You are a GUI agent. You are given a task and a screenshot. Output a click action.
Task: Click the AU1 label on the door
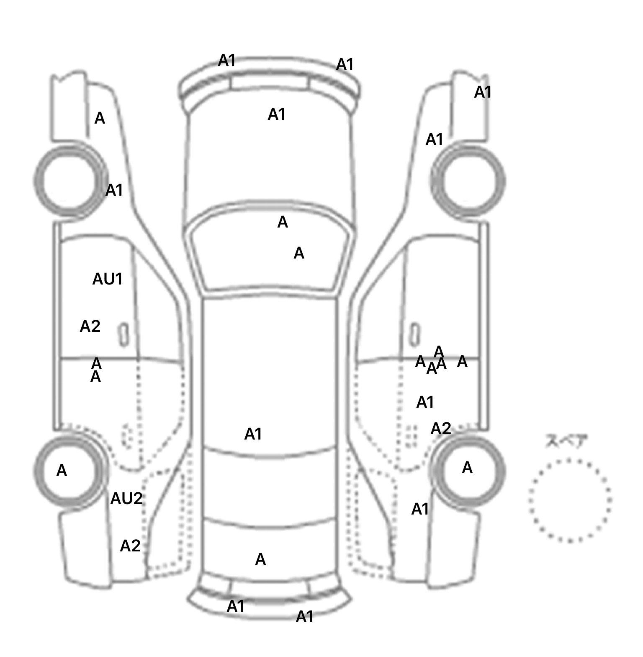(107, 279)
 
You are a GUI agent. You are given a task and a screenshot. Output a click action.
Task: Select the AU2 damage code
(126, 499)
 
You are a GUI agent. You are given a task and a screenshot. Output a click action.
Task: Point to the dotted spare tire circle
(570, 501)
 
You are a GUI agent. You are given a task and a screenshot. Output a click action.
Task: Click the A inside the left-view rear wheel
(62, 471)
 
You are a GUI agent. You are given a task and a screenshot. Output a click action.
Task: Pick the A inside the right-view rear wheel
(467, 468)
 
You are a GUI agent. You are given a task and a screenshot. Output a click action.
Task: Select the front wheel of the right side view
(468, 181)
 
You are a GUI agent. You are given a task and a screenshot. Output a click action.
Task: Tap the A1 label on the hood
(276, 114)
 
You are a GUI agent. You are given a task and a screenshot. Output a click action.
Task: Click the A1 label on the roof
(253, 435)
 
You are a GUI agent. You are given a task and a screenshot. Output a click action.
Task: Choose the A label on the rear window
(260, 559)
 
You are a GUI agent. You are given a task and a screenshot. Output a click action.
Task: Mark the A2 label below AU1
(90, 326)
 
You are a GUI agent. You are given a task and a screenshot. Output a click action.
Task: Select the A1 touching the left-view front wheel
(114, 190)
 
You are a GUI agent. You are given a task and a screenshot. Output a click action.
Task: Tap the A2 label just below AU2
(130, 546)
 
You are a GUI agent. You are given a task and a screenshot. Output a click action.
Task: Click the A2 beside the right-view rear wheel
(441, 429)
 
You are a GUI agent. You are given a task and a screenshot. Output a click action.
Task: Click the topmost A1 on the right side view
(483, 92)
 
